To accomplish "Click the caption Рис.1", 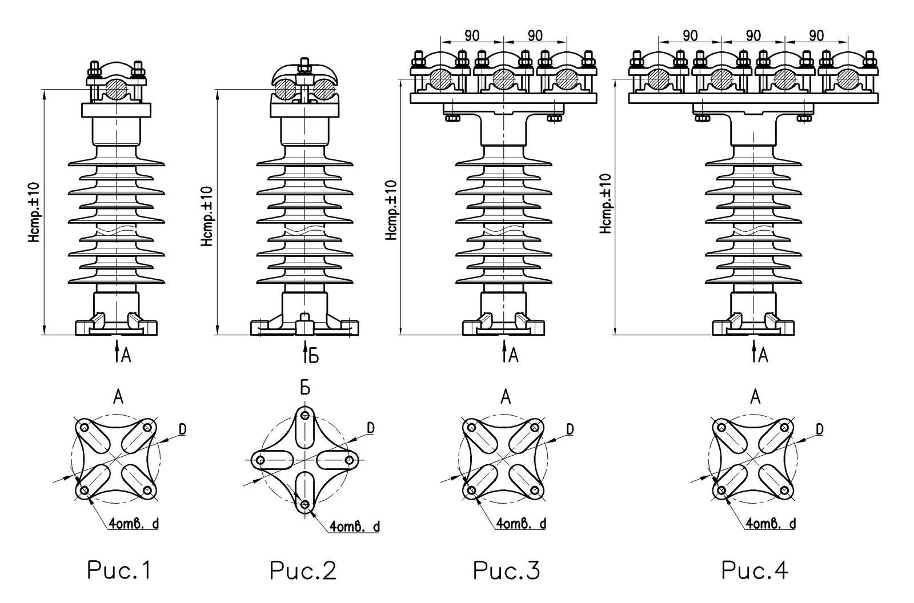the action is [x=119, y=570].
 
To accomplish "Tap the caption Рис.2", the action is [x=303, y=570].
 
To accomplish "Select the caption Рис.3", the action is [x=506, y=570].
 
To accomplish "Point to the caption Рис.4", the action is [x=755, y=570].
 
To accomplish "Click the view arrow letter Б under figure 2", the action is [x=313, y=356].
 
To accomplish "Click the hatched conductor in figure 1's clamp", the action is [x=117, y=89].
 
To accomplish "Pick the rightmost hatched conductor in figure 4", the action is [x=848, y=79].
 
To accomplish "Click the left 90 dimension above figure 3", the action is [x=472, y=35].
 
